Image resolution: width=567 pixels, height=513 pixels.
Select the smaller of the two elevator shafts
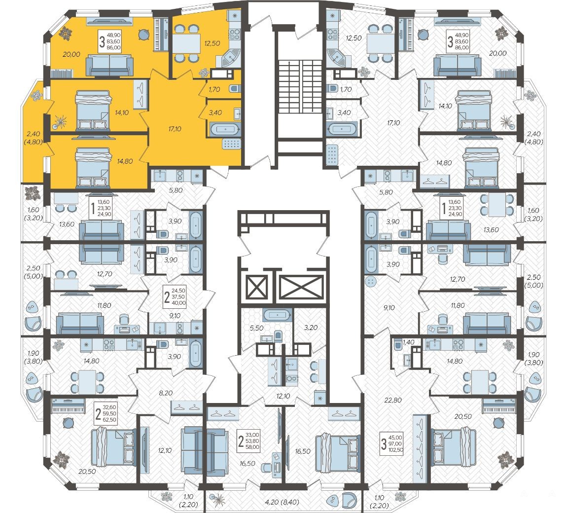256,287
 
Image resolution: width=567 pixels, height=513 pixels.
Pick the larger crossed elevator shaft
302,287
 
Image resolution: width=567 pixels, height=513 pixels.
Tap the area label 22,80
393,400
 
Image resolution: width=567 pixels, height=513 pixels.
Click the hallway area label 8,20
166,393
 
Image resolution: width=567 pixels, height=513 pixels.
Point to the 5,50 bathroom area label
256,328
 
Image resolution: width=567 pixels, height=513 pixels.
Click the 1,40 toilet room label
408,342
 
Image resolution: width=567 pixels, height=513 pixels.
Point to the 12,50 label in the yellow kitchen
212,43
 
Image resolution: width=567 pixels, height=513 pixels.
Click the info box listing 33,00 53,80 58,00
248,440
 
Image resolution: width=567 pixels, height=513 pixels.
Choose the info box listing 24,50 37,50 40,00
175,296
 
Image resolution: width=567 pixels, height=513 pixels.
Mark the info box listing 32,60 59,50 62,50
106,413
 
